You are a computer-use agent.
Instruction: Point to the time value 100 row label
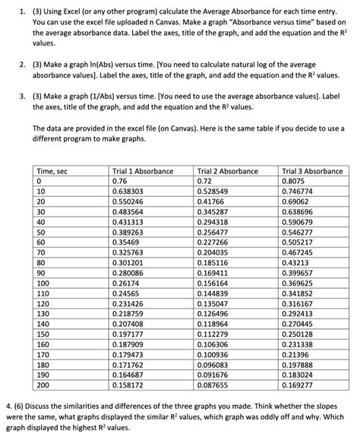(43, 293)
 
